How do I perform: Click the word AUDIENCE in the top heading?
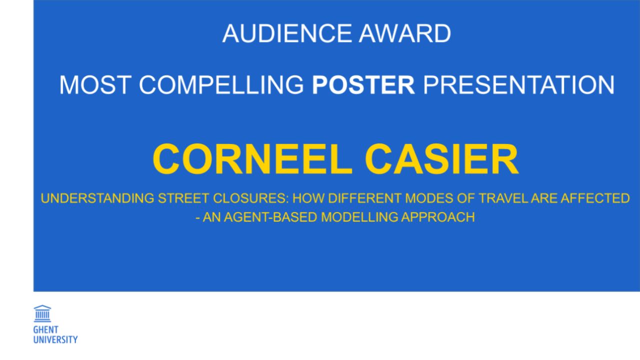287,33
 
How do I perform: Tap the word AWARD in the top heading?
405,33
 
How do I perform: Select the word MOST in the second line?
95,85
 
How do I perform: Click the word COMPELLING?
221,85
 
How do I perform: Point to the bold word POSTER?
363,85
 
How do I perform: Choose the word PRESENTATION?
519,85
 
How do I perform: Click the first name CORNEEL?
252,159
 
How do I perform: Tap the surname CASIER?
441,159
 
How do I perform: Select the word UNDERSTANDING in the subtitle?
97,198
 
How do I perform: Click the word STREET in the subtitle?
184,198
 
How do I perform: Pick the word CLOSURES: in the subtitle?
251,198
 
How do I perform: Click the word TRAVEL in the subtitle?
503,198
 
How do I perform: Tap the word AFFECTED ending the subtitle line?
595,198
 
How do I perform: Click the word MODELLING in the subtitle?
359,217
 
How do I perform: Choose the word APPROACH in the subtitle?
438,217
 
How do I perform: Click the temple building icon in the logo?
42,313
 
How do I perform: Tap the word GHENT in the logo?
45,329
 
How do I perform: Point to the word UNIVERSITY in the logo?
55,339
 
